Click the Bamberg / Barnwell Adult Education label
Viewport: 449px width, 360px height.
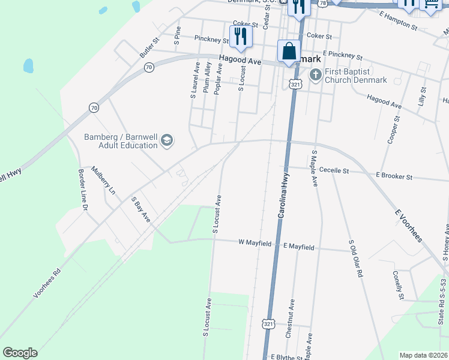click(120, 141)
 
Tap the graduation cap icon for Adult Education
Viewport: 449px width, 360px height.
click(166, 141)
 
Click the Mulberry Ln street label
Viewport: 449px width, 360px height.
click(103, 181)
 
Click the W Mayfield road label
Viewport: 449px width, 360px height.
click(255, 243)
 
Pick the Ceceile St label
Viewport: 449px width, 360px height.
click(334, 171)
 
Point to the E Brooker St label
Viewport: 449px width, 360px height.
click(394, 177)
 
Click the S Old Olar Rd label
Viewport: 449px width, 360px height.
click(356, 259)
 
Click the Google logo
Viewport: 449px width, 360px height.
click(20, 353)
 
